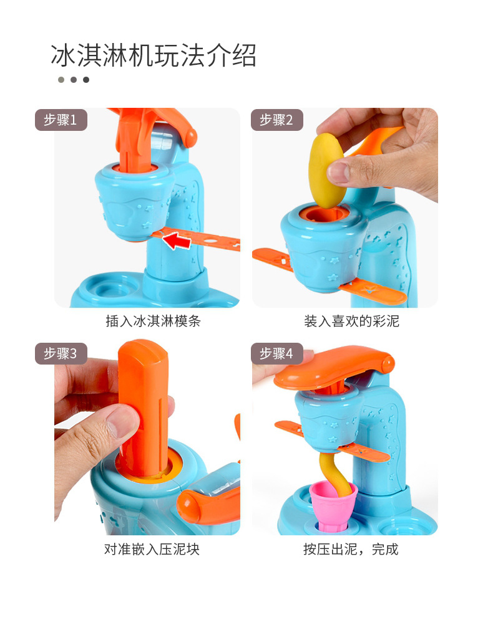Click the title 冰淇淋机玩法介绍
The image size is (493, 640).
pos(154,56)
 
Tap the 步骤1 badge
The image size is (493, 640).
pos(61,120)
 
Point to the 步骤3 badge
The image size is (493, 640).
pos(61,354)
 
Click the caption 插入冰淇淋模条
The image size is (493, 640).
pos(153,322)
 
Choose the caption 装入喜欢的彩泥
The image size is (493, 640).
pos(351,322)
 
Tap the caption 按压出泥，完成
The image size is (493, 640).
pos(351,549)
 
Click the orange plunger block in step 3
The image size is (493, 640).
pos(143,405)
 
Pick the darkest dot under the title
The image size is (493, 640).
pos(86,80)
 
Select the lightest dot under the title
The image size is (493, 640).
pos(61,80)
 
